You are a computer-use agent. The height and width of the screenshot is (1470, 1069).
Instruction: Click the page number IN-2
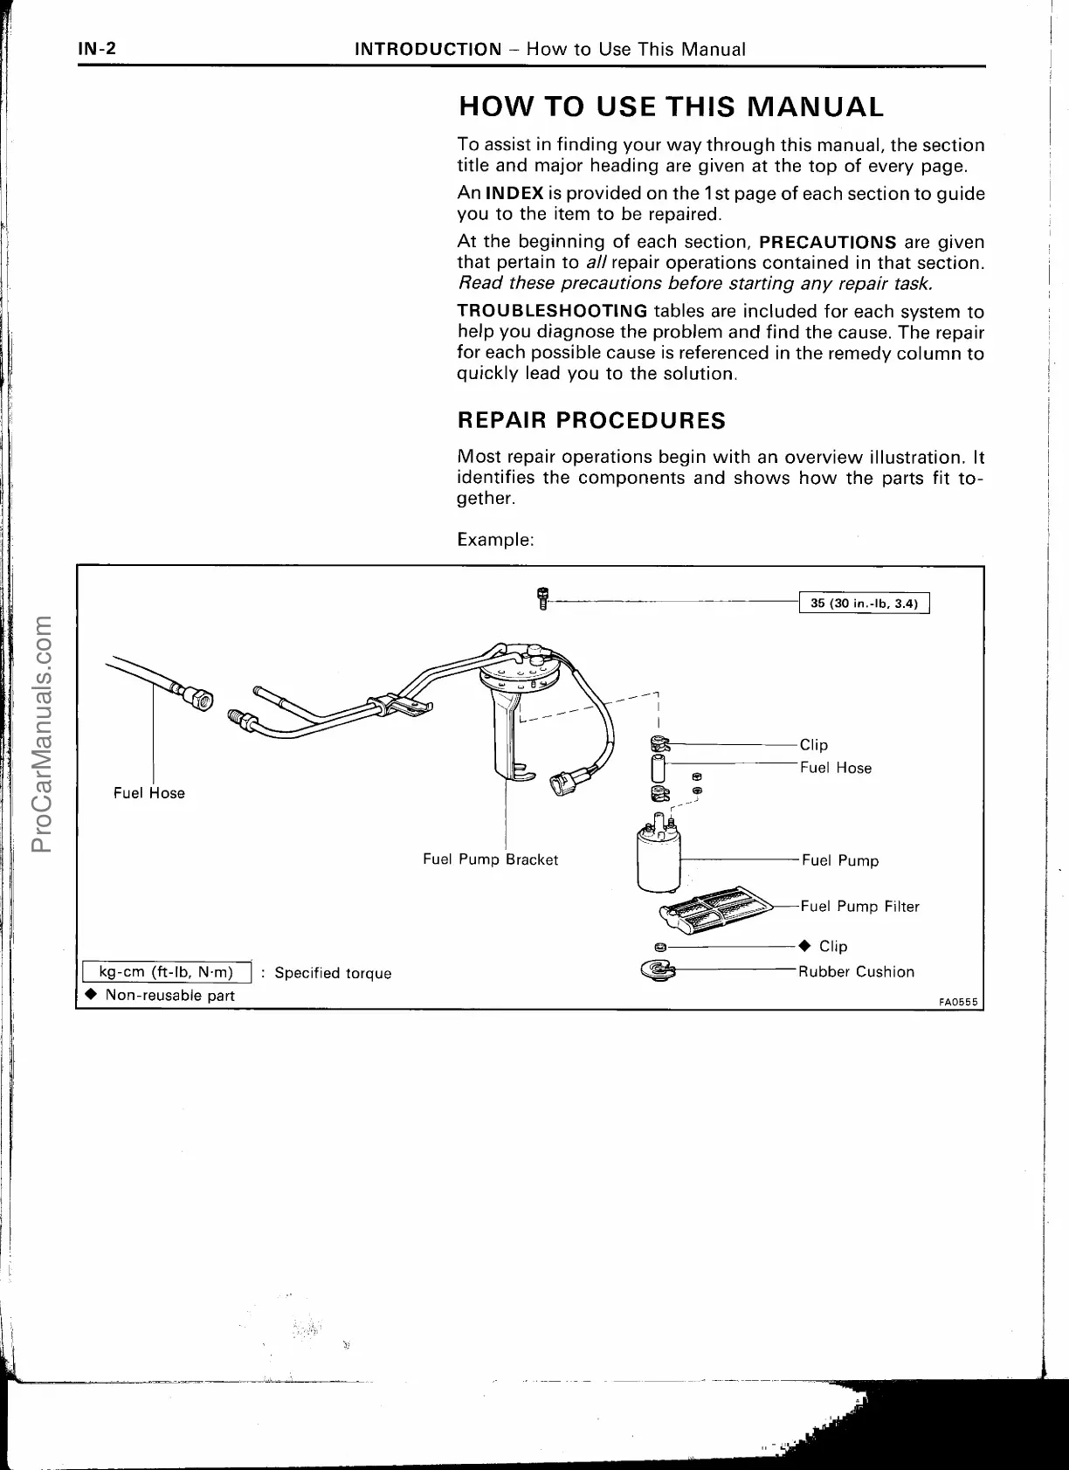95,49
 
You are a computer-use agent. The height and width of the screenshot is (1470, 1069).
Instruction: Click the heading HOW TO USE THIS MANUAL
671,107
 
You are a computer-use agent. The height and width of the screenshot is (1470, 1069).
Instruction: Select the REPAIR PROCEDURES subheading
591,420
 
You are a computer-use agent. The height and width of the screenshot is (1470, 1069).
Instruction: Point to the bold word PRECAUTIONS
828,242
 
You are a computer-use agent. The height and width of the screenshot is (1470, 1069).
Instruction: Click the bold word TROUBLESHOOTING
552,312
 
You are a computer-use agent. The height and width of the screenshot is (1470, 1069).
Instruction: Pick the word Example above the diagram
495,540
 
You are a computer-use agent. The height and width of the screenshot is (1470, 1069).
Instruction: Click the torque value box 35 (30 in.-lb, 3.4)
865,604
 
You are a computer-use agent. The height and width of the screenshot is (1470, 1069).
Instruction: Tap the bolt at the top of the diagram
542,599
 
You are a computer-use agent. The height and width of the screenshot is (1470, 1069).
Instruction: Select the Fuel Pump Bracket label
490,859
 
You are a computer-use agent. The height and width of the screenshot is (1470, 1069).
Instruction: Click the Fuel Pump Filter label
859,907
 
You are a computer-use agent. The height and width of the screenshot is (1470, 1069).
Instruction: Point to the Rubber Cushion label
856,972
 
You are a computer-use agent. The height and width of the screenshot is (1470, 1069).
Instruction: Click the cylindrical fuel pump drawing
659,857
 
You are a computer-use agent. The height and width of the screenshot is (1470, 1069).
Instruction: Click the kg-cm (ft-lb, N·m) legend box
167,972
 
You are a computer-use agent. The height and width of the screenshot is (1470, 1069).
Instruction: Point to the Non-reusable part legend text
169,996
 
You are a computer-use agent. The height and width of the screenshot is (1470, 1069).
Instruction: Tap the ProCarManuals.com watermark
41,734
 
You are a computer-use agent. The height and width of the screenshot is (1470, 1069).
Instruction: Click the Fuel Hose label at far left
149,793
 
